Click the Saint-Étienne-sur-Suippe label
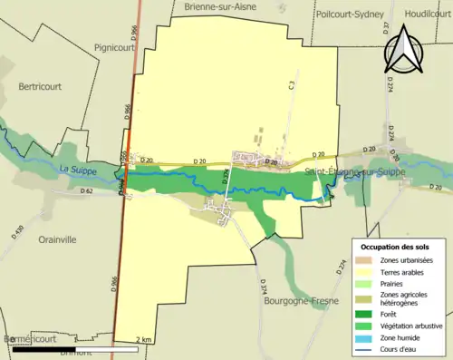click(354, 170)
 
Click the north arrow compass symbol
click(404, 50)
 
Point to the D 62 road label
click(87, 191)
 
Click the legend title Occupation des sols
click(397, 247)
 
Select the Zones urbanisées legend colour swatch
click(365, 261)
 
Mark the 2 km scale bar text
click(144, 339)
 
